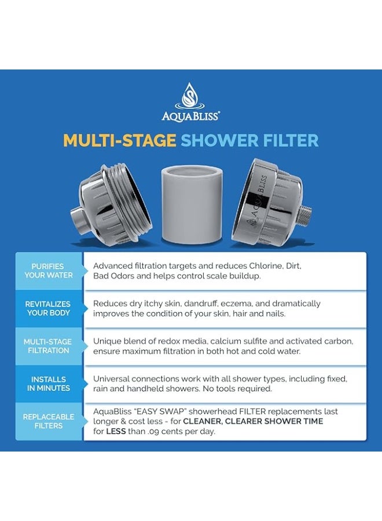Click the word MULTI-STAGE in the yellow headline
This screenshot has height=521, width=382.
[x=120, y=140]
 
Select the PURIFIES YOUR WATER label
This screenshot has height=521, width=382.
[x=49, y=271]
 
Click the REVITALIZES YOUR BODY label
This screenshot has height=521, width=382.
[x=49, y=309]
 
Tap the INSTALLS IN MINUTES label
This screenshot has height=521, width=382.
[x=49, y=384]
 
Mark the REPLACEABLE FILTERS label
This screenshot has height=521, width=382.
[x=49, y=421]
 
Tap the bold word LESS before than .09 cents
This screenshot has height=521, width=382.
[x=116, y=431]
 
